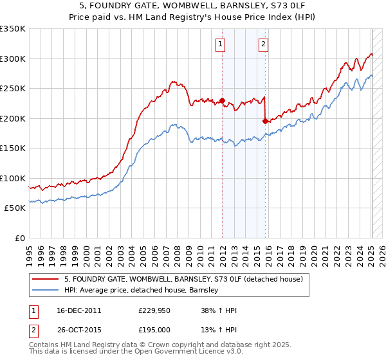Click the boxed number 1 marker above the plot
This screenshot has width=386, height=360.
(x=221, y=44)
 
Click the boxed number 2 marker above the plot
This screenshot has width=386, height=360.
(x=264, y=44)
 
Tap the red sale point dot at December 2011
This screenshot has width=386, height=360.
(x=222, y=100)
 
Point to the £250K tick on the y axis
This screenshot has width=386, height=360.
(x=13, y=89)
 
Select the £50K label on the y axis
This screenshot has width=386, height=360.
(x=15, y=208)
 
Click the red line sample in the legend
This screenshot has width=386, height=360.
(x=46, y=279)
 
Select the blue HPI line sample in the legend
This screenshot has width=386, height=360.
(x=46, y=290)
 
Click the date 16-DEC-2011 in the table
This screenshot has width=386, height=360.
(x=78, y=310)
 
